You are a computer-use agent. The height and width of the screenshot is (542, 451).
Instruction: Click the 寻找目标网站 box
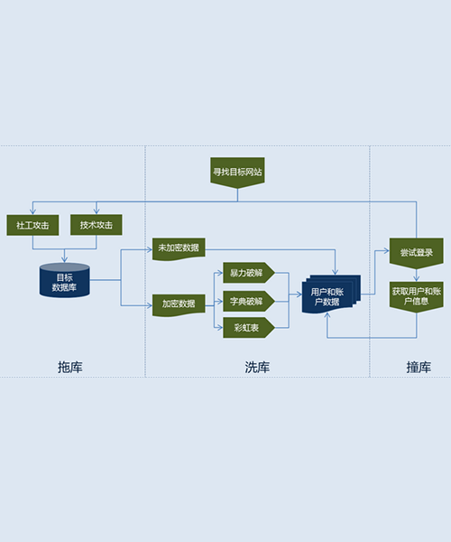click(x=237, y=173)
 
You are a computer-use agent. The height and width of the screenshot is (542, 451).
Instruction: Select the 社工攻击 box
click(x=32, y=225)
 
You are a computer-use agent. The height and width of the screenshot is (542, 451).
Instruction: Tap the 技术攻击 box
click(x=97, y=225)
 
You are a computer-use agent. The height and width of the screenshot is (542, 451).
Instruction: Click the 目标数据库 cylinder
click(x=65, y=280)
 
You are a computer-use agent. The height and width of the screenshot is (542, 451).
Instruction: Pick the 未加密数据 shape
click(x=179, y=249)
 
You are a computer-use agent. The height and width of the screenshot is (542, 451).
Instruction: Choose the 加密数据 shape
click(x=179, y=305)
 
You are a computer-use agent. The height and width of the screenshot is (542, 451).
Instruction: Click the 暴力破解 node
click(x=249, y=273)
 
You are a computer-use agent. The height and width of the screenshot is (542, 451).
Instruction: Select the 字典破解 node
click(x=249, y=302)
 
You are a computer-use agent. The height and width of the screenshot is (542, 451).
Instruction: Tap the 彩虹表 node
click(x=249, y=328)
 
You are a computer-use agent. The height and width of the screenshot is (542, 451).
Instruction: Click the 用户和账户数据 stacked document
click(x=330, y=294)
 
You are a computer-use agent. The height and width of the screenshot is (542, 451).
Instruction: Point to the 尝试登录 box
click(x=417, y=253)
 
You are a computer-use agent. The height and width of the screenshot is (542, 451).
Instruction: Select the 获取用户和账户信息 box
click(x=417, y=297)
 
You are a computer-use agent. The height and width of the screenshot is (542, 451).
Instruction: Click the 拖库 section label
click(x=70, y=367)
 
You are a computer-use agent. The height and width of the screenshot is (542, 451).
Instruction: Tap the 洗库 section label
click(x=257, y=367)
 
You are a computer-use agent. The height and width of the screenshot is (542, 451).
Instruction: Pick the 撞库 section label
click(x=419, y=367)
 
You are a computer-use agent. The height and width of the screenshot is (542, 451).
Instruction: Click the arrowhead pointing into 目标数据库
click(x=65, y=260)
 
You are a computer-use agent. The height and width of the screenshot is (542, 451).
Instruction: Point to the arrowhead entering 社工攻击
click(x=32, y=211)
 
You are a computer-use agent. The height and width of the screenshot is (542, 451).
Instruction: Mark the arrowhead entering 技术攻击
click(x=97, y=211)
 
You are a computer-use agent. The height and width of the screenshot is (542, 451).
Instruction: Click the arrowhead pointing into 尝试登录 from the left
click(x=386, y=250)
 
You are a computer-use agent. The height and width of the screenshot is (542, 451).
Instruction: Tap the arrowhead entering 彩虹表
click(x=220, y=328)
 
